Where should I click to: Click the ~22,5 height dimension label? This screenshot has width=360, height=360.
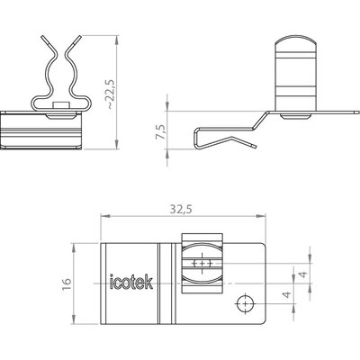coord(111,94)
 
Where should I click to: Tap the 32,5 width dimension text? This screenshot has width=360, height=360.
coord(181,209)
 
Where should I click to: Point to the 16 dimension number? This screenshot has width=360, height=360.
coord(67,283)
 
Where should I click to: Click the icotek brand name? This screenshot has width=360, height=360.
coord(131,282)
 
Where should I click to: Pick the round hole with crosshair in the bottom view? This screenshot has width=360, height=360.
coord(245,303)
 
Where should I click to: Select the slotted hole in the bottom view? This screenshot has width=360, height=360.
coord(202,264)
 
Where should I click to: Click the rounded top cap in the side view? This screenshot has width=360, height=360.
coord(296,44)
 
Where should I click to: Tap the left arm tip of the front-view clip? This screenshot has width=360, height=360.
coord(42,37)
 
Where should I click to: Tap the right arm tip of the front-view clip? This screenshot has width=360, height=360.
coord(80,37)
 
